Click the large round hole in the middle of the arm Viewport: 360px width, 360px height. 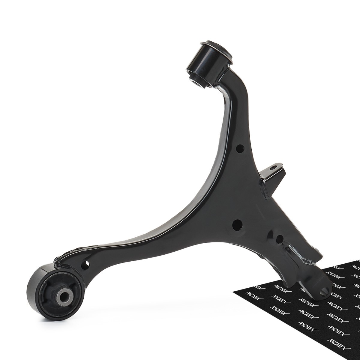point(237,226)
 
